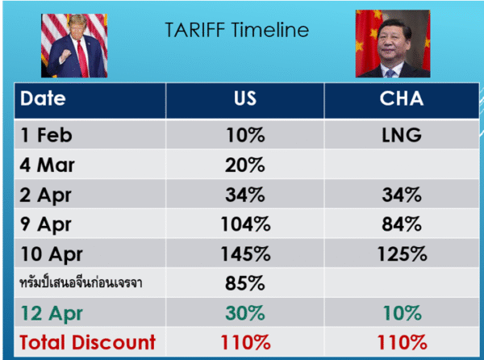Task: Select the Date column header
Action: (x=43, y=98)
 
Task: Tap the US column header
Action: (x=245, y=98)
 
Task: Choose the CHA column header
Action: (x=401, y=98)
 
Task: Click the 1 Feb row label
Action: (x=46, y=136)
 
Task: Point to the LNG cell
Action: (x=402, y=136)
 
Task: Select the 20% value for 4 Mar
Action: (x=245, y=165)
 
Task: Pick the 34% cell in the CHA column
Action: (x=402, y=195)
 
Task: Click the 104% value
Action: (x=246, y=224)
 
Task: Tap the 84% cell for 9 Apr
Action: (x=402, y=224)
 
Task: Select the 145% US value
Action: (x=246, y=253)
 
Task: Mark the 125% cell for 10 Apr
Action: (x=403, y=253)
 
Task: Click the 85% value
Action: (x=245, y=283)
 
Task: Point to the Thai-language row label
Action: (x=81, y=283)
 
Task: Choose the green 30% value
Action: (x=245, y=313)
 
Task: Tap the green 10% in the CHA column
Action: (x=403, y=313)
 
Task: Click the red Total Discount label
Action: (x=88, y=342)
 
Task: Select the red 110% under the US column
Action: (x=246, y=342)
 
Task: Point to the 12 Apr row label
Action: (x=52, y=314)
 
